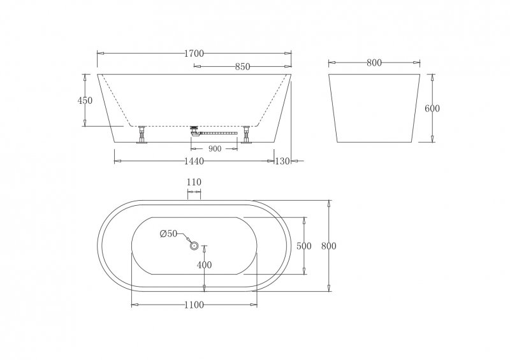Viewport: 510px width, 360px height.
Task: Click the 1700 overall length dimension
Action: pyautogui.click(x=194, y=54)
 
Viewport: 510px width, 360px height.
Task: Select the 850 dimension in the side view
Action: pyautogui.click(x=242, y=66)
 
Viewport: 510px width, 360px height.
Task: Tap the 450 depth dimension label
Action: pyautogui.click(x=85, y=100)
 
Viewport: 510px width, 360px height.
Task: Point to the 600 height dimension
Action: pyautogui.click(x=432, y=108)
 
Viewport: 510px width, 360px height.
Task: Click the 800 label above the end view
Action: pyautogui.click(x=374, y=62)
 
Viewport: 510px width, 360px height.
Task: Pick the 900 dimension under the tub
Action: pyautogui.click(x=214, y=148)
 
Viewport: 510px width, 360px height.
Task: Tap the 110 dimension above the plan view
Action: pyautogui.click(x=194, y=182)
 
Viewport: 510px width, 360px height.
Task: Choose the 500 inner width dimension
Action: pyautogui.click(x=304, y=246)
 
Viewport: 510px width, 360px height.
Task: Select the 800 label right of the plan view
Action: pyautogui.click(x=328, y=246)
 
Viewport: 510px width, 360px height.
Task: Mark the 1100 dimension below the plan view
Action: pyautogui.click(x=194, y=305)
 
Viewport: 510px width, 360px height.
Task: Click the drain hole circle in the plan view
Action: pyautogui.click(x=194, y=243)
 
